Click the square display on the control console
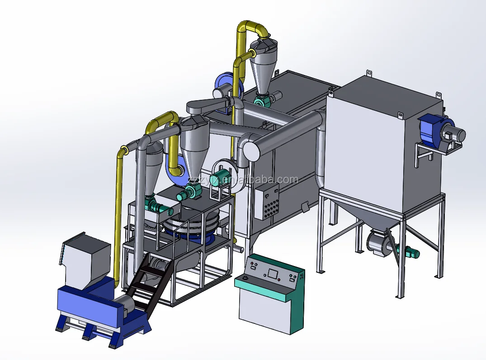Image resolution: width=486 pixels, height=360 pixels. [273, 273]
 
